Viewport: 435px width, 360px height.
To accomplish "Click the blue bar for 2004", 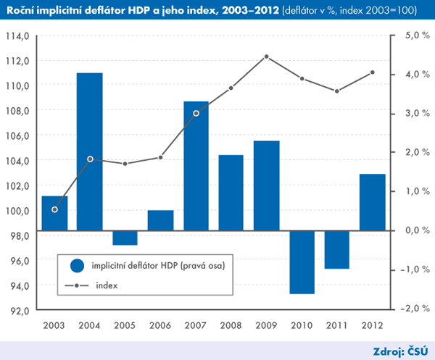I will [x=89, y=151].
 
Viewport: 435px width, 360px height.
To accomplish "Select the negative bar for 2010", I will [x=302, y=262].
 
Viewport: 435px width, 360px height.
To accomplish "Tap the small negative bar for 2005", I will [x=125, y=238].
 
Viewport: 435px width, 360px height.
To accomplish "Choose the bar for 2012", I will [x=373, y=202].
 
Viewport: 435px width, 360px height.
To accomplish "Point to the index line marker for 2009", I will [x=267, y=56].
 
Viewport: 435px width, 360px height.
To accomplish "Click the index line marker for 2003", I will [x=54, y=209].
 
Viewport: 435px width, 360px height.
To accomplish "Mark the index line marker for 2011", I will [x=337, y=91].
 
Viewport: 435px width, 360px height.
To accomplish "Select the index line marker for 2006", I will [x=160, y=157].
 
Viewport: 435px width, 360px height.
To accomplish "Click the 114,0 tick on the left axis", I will [x=17, y=35].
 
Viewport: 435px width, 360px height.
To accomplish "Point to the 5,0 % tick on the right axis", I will [x=410, y=35].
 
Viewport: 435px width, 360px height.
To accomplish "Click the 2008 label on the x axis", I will [x=231, y=325].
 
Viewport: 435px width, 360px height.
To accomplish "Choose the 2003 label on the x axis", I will [x=54, y=325].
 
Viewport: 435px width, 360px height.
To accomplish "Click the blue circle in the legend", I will [x=77, y=266].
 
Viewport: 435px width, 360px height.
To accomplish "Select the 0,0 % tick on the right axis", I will [x=410, y=230].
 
